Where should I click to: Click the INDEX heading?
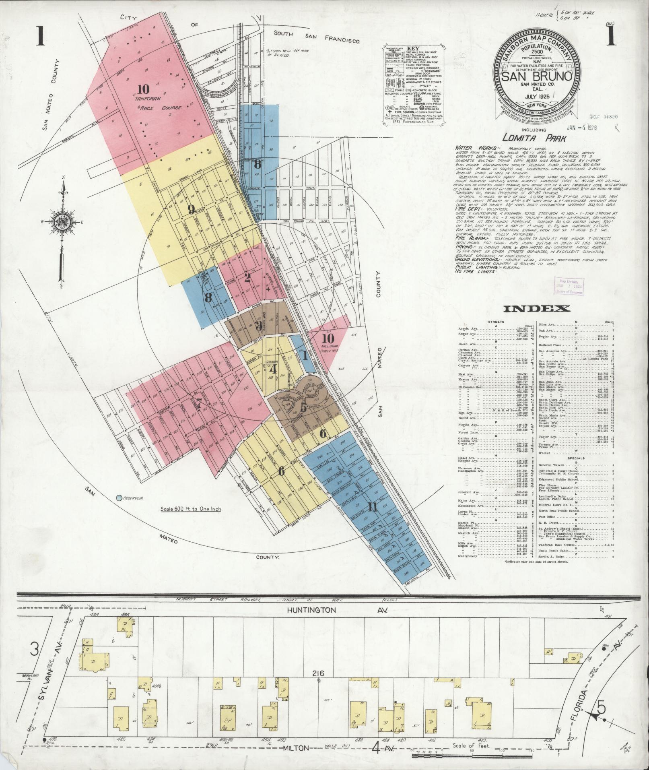click(537, 309)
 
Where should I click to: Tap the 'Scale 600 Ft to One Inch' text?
click(191, 509)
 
